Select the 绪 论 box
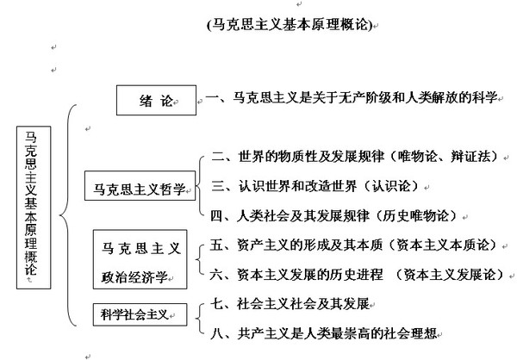[151, 100]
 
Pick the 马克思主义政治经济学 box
[142, 262]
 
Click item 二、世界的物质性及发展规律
[298, 158]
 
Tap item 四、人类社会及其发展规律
[298, 213]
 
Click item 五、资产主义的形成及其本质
[298, 246]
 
